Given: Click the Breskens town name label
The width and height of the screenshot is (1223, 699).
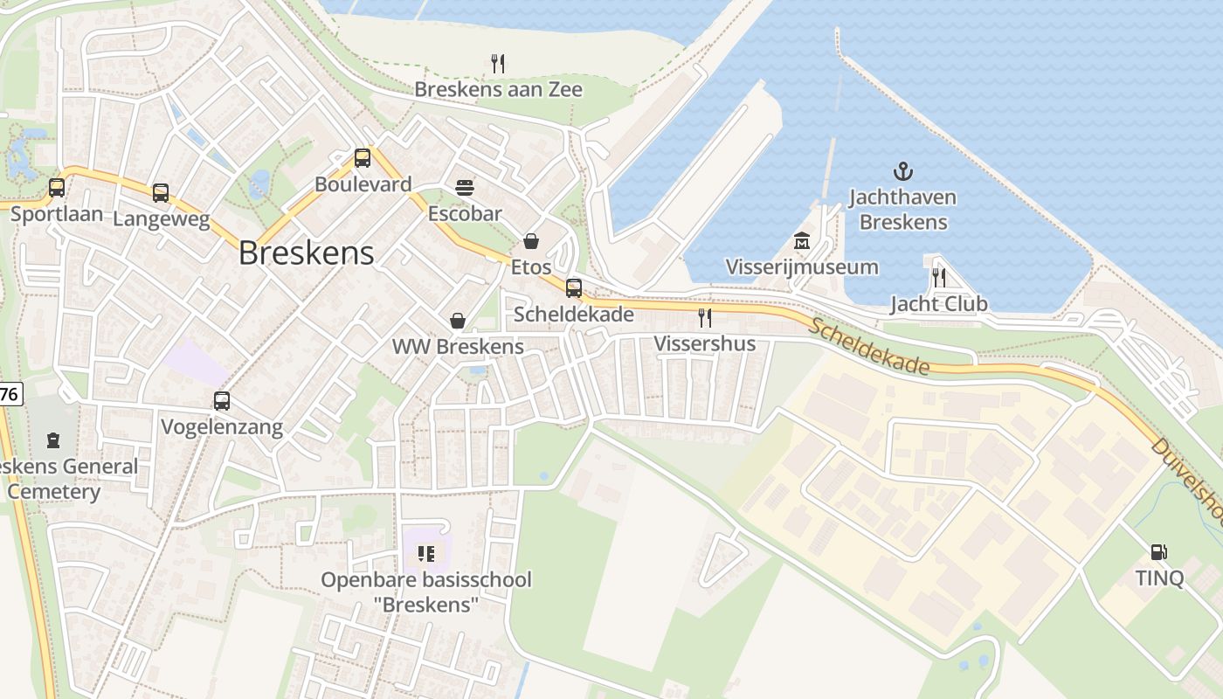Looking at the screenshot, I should click(x=306, y=253).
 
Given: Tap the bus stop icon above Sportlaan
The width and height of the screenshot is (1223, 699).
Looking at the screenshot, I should click(x=57, y=188).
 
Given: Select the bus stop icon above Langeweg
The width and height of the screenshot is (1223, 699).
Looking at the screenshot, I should click(x=161, y=193).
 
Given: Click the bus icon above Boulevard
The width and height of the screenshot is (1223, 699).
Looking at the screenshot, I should click(x=363, y=158).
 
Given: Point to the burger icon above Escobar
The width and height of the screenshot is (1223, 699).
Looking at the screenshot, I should click(x=465, y=187).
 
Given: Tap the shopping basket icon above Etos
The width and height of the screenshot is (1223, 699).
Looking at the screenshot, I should click(x=531, y=241).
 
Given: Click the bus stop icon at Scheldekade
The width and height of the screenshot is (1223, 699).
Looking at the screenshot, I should click(x=574, y=287).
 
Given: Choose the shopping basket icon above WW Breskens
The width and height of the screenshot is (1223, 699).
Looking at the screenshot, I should click(x=457, y=321).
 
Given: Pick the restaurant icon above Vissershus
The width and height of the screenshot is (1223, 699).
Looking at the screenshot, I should click(x=705, y=317).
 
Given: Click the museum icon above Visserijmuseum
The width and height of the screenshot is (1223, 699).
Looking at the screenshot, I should click(x=802, y=240).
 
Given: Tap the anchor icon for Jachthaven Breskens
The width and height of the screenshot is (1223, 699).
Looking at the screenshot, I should click(x=903, y=171).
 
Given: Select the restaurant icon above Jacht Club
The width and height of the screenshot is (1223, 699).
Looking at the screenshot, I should click(x=939, y=278).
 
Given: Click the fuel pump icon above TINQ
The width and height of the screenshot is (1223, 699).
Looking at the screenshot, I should click(x=1159, y=552).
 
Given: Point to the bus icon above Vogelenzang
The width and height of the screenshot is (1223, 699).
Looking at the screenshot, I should click(x=222, y=401).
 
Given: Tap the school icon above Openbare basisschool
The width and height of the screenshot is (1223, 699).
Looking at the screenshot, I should click(x=426, y=553).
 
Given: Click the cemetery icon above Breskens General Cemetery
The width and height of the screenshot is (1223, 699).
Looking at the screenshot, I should click(x=54, y=439).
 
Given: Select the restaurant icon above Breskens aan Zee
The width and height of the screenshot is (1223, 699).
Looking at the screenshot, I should click(x=498, y=63).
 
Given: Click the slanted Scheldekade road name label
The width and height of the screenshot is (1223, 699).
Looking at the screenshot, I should click(x=868, y=347).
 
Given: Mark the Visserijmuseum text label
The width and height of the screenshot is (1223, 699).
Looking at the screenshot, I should click(x=802, y=266).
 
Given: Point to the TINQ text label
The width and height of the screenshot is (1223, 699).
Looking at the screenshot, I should click(x=1159, y=578).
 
